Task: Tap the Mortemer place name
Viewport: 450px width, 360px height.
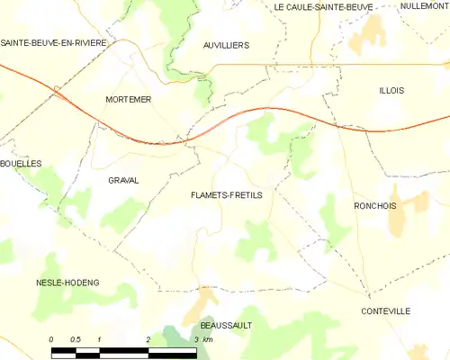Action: (128, 99)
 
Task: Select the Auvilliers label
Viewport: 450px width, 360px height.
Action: (225, 43)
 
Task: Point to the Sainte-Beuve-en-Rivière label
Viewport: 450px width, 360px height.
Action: (54, 42)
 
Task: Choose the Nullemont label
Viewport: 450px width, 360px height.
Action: (425, 6)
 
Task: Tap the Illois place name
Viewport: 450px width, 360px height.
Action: (392, 90)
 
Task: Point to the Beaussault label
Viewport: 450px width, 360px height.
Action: (226, 325)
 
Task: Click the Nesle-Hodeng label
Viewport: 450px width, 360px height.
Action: (67, 283)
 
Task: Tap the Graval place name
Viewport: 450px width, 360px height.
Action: (123, 180)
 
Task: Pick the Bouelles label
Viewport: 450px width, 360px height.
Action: (21, 164)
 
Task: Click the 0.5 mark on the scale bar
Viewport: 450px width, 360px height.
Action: (76, 338)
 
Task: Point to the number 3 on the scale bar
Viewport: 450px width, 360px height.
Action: (195, 338)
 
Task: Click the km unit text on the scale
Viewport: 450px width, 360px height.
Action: (208, 338)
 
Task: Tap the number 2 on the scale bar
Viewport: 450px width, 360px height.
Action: (148, 338)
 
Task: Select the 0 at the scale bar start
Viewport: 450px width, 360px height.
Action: (52, 338)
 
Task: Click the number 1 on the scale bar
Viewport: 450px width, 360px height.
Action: (100, 338)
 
